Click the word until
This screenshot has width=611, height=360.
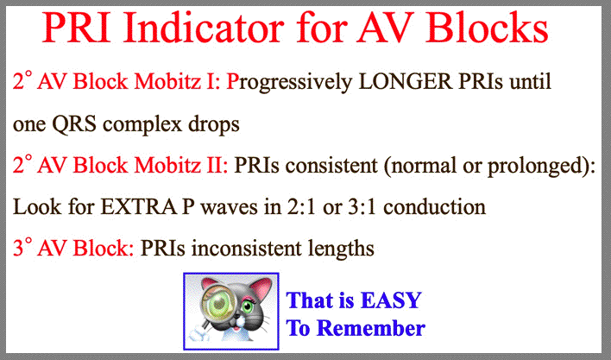[530, 81]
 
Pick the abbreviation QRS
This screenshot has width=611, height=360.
[74, 124]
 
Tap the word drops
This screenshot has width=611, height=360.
[214, 124]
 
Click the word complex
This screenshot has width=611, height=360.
[142, 125]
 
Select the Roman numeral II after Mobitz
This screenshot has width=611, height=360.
[213, 165]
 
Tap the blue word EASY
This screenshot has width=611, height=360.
[391, 300]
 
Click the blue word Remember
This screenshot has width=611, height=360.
[371, 328]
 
